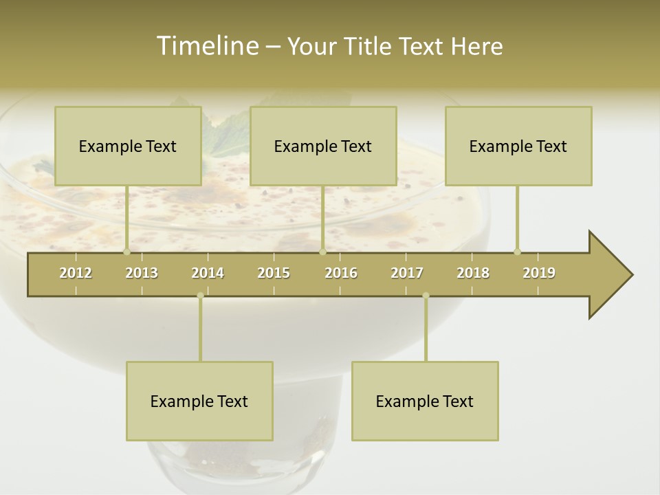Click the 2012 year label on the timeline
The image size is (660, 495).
(76, 273)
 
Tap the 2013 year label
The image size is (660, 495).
(142, 273)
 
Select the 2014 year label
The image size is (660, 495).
(208, 273)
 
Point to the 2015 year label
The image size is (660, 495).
(274, 273)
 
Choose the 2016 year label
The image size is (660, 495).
(341, 273)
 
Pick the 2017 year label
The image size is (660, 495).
(407, 273)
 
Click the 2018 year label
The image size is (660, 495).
(473, 273)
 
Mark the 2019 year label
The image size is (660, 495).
(539, 273)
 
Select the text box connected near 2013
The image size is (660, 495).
(128, 146)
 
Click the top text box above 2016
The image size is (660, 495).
(323, 146)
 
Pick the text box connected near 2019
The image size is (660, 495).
(518, 146)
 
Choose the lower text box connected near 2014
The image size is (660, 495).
(199, 401)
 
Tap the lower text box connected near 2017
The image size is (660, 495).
(425, 401)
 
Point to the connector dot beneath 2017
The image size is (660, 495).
(426, 296)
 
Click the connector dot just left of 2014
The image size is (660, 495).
(200, 296)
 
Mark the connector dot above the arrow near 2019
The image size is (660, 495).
(517, 252)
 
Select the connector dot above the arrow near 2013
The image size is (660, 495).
(126, 252)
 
